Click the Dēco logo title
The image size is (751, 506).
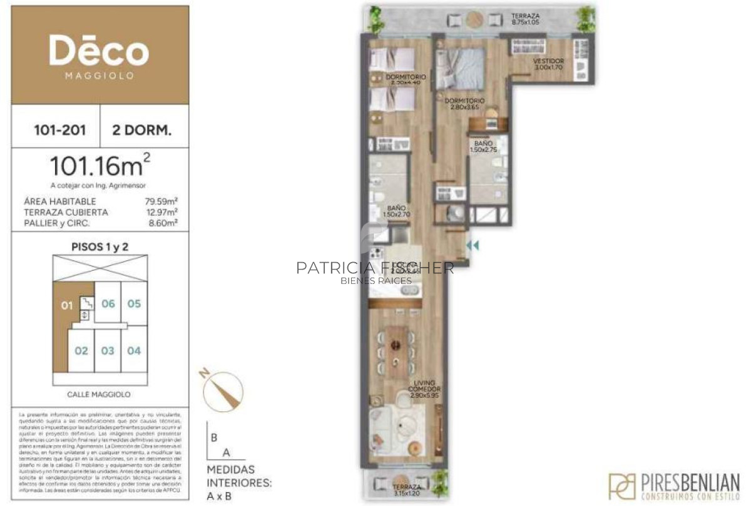pyautogui.click(x=99, y=52)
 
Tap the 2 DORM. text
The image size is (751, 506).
pyautogui.click(x=141, y=131)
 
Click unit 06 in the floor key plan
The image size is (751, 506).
pyautogui.click(x=108, y=304)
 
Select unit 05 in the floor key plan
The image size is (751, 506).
pyautogui.click(x=134, y=304)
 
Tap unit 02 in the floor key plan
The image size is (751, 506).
pyautogui.click(x=81, y=351)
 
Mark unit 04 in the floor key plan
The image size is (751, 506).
pyautogui.click(x=134, y=351)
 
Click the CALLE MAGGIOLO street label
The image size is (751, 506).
pyautogui.click(x=99, y=395)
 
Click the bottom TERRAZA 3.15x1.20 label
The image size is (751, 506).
pyautogui.click(x=407, y=490)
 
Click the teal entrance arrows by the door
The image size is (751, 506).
pyautogui.click(x=473, y=246)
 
